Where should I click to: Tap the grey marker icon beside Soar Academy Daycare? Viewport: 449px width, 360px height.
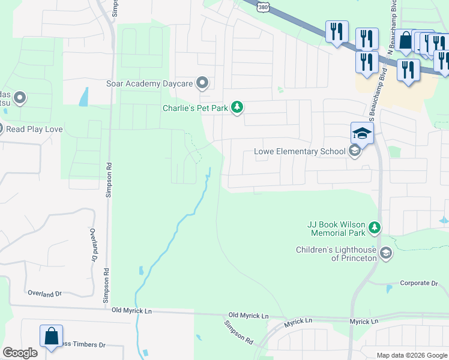tap(203, 83)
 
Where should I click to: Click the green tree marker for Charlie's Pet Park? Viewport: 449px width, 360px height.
tap(238, 107)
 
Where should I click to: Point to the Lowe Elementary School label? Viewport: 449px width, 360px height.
tap(300, 151)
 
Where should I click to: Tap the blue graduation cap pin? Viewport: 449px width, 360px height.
tap(362, 133)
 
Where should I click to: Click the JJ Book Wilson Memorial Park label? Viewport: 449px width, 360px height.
tap(336, 228)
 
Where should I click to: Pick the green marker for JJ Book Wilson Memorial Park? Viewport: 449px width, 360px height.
tap(375, 227)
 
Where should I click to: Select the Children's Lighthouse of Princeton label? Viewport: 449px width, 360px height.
tap(336, 253)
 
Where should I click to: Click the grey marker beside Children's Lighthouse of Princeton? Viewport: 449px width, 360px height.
tap(386, 253)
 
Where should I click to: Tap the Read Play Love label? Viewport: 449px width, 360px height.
tap(34, 128)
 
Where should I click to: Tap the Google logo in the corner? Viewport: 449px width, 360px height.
tap(20, 353)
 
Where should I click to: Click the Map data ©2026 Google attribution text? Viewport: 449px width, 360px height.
tap(411, 355)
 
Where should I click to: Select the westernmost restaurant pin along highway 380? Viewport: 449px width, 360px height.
tap(337, 31)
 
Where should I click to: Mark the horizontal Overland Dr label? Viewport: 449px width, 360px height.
tap(45, 293)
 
